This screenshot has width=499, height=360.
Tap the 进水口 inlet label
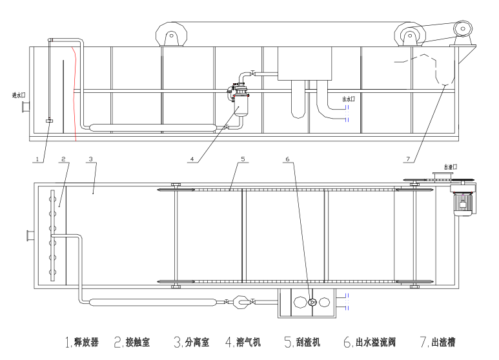19,95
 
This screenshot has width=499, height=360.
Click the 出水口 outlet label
350,99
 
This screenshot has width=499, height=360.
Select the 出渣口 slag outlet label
450,166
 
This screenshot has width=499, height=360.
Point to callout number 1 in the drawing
38,158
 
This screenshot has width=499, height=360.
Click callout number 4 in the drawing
192,158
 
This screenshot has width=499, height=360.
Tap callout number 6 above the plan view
287,158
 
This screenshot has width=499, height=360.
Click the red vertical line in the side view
76,97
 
